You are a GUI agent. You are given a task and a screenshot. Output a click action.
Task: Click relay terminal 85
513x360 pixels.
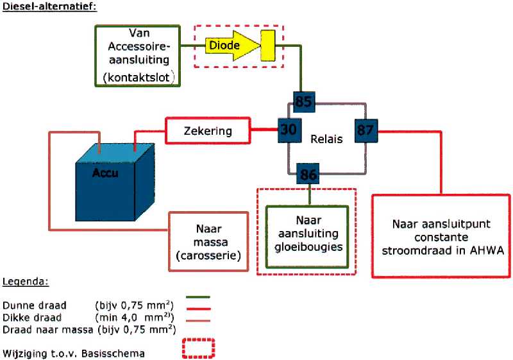coord(304,102)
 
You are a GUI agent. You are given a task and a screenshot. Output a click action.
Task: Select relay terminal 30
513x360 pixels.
coord(289,130)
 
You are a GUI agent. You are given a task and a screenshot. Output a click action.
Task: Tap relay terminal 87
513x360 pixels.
coord(366,130)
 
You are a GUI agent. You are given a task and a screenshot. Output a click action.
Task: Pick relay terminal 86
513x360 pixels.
coord(308,174)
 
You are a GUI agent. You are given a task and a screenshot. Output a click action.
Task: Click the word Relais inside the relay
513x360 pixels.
coord(326,139)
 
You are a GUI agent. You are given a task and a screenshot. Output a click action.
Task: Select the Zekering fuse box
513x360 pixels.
coord(208,130)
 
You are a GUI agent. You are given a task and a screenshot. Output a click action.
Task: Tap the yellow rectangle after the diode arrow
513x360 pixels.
coord(268,46)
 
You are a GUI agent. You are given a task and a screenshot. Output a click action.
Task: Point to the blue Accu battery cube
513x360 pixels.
coord(115,182)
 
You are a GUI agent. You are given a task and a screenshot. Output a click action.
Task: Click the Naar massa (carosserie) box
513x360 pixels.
coord(208,242)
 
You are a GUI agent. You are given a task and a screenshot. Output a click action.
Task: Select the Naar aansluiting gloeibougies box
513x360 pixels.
coord(307,237)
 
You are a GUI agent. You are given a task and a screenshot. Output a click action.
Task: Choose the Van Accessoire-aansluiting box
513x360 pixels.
coord(138,56)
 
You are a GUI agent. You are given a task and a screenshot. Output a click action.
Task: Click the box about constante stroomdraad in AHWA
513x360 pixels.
coord(441,236)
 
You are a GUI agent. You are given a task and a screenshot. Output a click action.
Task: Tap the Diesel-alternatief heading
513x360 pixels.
coord(49,6)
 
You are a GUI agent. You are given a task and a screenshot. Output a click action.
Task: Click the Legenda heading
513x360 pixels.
coord(26,282)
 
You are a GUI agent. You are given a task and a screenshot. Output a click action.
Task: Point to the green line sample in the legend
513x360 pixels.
coord(198,297)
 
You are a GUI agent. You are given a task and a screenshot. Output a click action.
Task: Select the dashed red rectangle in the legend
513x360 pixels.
coord(198,348)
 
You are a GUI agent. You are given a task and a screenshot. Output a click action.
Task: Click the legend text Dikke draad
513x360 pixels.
coord(31,318)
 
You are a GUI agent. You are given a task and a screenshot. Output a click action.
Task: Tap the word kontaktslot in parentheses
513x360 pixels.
coord(139,78)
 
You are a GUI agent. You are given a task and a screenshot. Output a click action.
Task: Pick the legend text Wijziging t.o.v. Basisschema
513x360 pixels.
coord(73,354)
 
